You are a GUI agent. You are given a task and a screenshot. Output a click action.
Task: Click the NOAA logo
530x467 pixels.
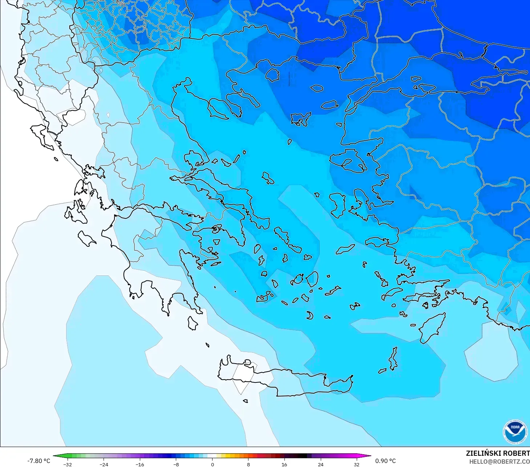(515, 431)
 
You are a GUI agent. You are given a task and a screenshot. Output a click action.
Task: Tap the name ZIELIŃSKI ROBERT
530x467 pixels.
(497, 453)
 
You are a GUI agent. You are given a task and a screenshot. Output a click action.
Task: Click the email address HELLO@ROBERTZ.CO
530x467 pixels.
(499, 462)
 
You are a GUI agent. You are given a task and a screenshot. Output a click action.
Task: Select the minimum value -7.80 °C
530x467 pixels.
(39, 461)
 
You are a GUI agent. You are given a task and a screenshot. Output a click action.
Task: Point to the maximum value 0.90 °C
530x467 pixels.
(385, 461)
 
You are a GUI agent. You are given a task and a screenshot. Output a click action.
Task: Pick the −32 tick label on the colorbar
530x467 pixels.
(68, 464)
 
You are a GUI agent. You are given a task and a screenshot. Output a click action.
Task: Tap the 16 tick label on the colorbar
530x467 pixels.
(284, 464)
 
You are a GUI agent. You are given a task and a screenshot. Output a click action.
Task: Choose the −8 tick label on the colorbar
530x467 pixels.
(176, 464)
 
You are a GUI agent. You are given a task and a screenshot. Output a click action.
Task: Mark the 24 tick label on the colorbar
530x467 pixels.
(320, 464)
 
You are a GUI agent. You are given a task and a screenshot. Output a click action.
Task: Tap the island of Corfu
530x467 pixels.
(42, 136)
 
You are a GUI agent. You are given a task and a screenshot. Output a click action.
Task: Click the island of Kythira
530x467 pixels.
(193, 323)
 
